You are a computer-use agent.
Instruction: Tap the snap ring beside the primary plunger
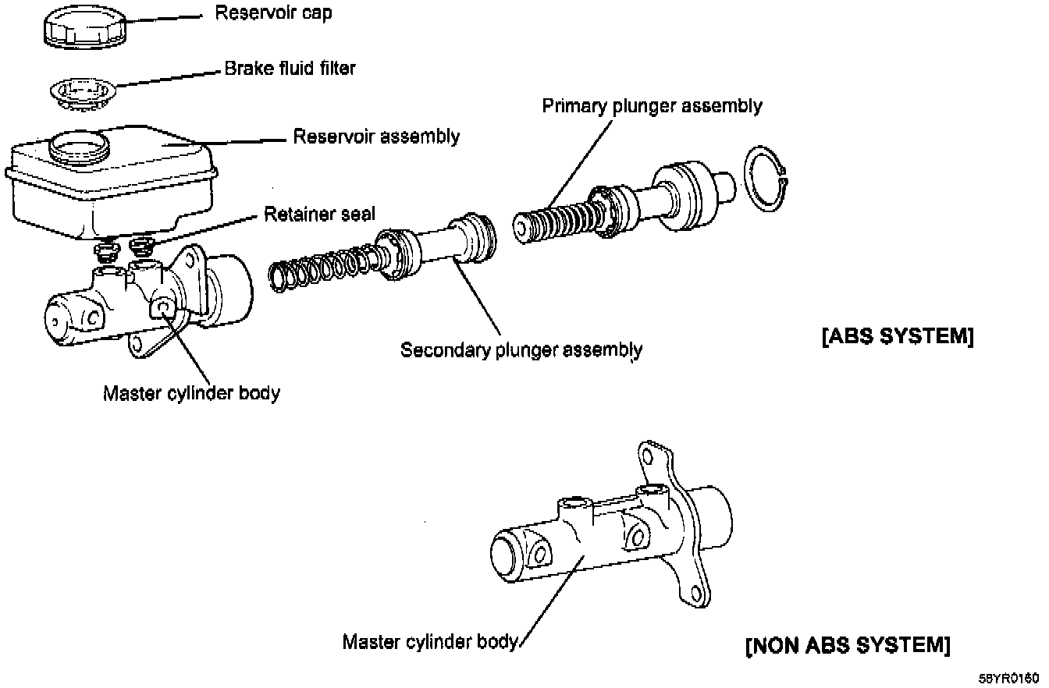pos(766,179)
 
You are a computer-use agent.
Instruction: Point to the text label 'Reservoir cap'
pos(273,13)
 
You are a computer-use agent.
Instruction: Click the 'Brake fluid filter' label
pos(290,69)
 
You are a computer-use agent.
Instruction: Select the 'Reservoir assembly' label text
pos(376,137)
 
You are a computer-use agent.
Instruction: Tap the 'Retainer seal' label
pos(319,214)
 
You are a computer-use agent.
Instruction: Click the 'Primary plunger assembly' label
pos(652,106)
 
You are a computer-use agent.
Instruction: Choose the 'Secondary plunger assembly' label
pos(521,350)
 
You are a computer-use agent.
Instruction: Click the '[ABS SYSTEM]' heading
pos(898,337)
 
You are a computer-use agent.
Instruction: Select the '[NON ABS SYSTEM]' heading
pos(848,646)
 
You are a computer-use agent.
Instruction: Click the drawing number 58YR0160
pos(1011,679)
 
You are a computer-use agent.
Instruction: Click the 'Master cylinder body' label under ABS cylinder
pos(191,393)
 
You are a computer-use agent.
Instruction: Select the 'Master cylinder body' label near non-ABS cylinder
pos(430,642)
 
